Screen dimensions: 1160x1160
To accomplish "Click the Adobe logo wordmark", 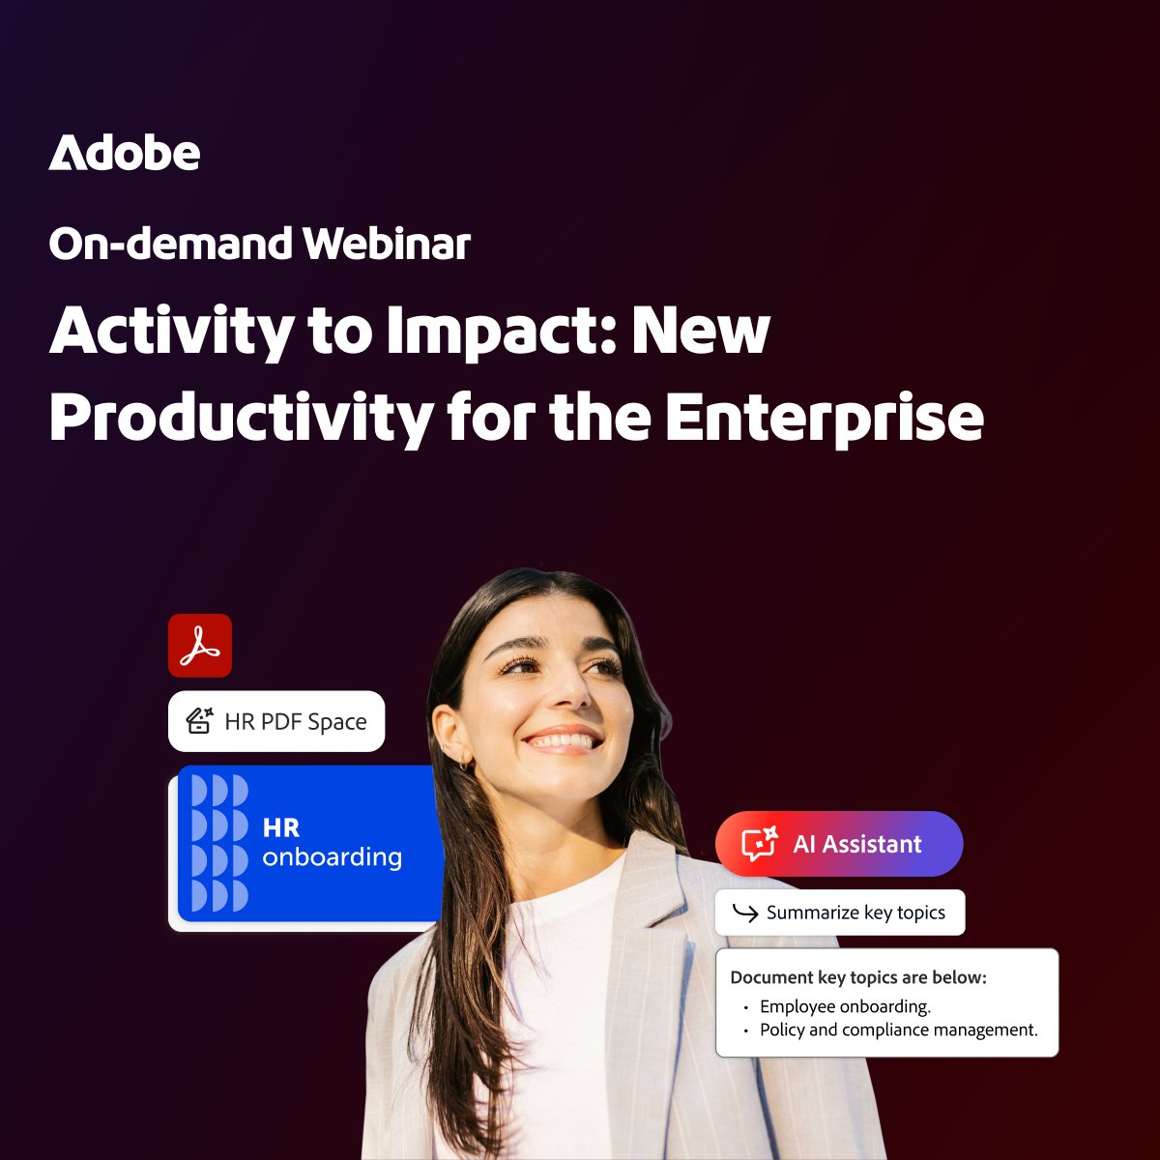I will (125, 154).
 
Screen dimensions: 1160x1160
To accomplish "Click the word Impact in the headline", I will (496, 332).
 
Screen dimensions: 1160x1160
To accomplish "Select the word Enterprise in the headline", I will (824, 418).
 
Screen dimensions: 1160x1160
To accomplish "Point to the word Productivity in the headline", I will (242, 418).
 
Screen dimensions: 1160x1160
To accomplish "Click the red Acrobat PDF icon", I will (200, 646).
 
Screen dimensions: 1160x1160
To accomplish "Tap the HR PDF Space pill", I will (276, 721).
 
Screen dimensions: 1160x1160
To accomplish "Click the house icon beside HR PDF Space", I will (199, 720).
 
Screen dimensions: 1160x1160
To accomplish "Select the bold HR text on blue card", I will (281, 828).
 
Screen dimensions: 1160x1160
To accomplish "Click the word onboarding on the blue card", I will (332, 857).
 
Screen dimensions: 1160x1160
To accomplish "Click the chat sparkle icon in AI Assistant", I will (759, 844).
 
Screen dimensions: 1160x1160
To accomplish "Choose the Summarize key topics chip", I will (839, 913).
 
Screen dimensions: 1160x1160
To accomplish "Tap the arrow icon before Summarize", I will (744, 913).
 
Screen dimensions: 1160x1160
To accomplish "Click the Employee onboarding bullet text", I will (845, 1006).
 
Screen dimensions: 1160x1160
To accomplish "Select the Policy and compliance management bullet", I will (898, 1030).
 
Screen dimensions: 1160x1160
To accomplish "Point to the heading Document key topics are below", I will (858, 977).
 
